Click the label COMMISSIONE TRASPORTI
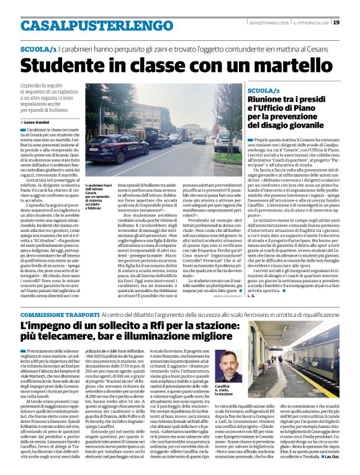(x=57, y=315)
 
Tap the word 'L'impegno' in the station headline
(x=48, y=326)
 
